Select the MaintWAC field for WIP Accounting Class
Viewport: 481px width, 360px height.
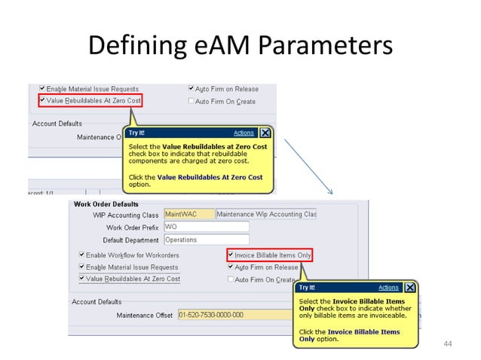pyautogui.click(x=188, y=215)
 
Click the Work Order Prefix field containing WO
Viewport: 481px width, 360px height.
pyautogui.click(x=206, y=227)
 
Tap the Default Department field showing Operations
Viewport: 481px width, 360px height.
pyautogui.click(x=206, y=239)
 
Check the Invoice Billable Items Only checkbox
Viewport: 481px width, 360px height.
pyautogui.click(x=231, y=255)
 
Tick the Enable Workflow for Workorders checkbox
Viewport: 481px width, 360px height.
pyautogui.click(x=82, y=255)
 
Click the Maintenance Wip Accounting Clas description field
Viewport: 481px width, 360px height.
pyautogui.click(x=266, y=215)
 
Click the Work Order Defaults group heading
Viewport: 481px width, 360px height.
pyautogui.click(x=105, y=203)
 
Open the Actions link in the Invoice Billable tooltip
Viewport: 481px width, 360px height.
pyautogui.click(x=388, y=288)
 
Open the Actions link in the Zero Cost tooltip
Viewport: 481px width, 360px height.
pyautogui.click(x=244, y=133)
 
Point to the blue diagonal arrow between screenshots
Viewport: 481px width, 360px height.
pyautogui.click(x=307, y=164)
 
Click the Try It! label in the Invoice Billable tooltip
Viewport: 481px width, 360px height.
pyautogui.click(x=307, y=288)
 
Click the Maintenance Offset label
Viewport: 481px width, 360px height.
pyautogui.click(x=144, y=315)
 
